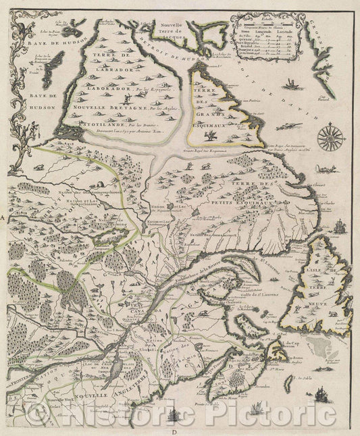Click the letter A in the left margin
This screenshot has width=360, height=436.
pyautogui.click(x=3, y=219)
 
